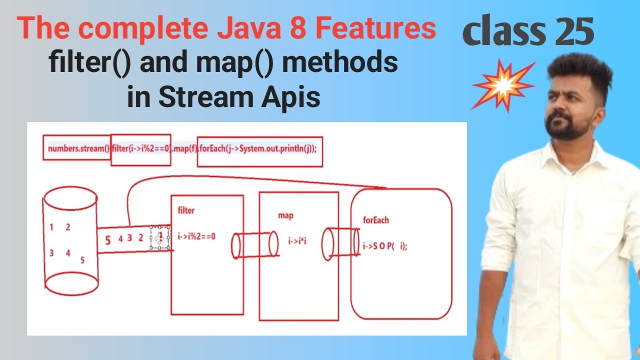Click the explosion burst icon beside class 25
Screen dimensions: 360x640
click(503, 84)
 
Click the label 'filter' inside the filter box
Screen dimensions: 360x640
click(186, 210)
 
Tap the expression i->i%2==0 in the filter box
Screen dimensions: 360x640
click(196, 236)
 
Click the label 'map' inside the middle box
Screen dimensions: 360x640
click(285, 215)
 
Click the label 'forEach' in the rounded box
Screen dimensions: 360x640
click(376, 220)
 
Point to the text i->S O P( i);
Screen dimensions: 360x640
click(384, 246)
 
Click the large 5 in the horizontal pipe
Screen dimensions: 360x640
click(107, 240)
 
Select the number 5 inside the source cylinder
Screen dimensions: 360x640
click(82, 260)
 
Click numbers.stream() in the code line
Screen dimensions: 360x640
click(78, 148)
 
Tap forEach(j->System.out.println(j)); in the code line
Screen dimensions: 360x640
click(259, 148)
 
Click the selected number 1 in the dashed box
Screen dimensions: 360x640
click(160, 236)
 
